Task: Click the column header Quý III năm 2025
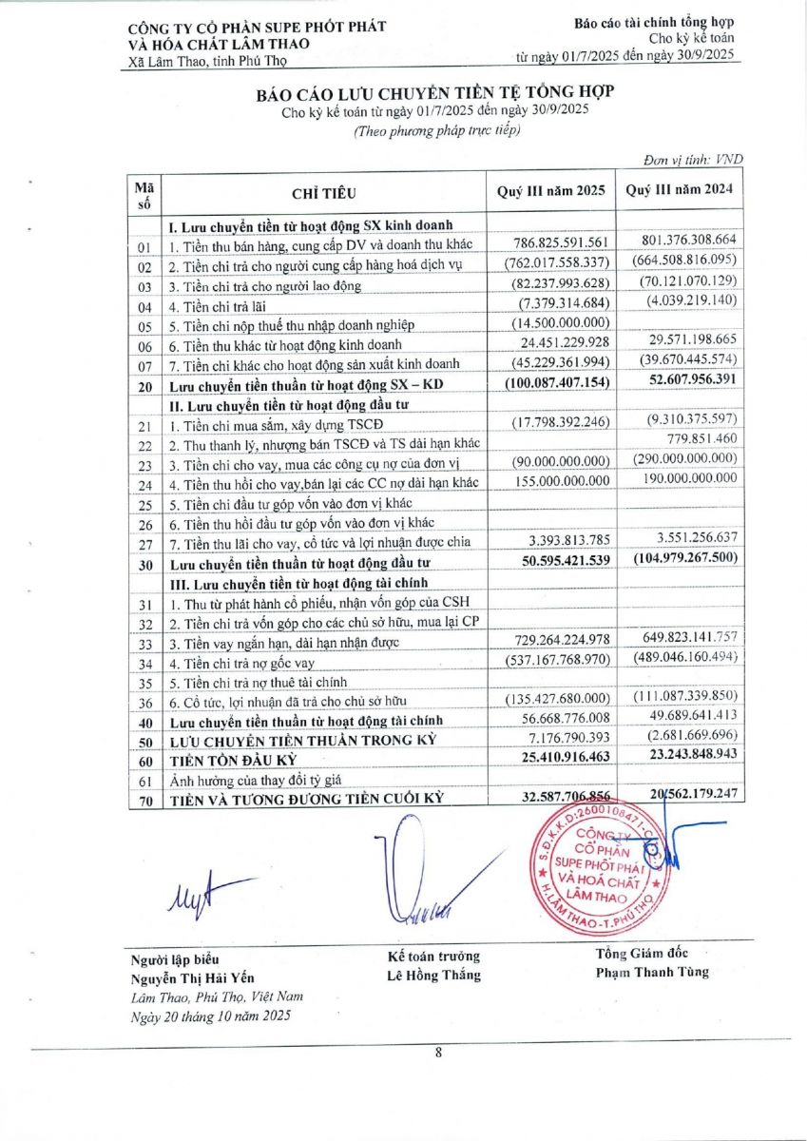550,190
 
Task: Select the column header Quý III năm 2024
679,190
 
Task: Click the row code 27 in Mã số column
144,544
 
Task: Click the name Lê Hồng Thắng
433,975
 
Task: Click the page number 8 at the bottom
438,1052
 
